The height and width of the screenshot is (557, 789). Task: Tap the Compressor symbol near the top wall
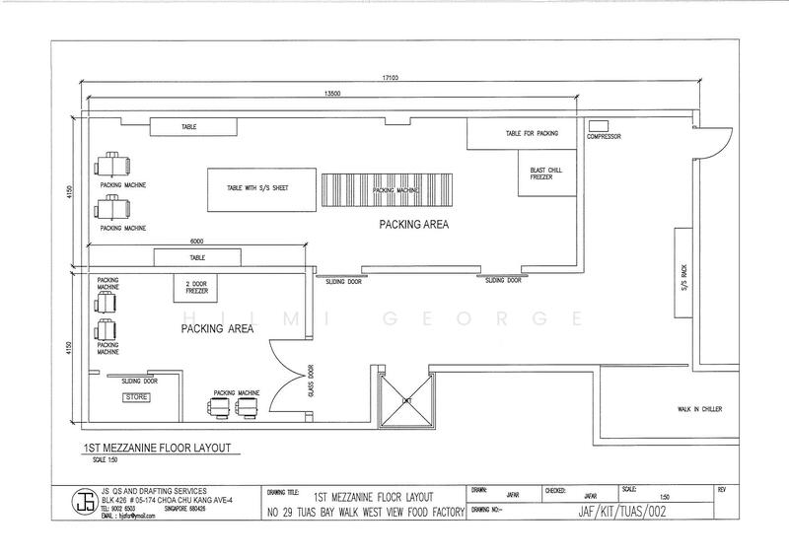click(598, 125)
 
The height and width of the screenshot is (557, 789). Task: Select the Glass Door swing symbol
click(284, 379)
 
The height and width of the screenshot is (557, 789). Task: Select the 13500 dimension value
click(332, 94)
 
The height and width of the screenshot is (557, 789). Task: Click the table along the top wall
click(192, 127)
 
